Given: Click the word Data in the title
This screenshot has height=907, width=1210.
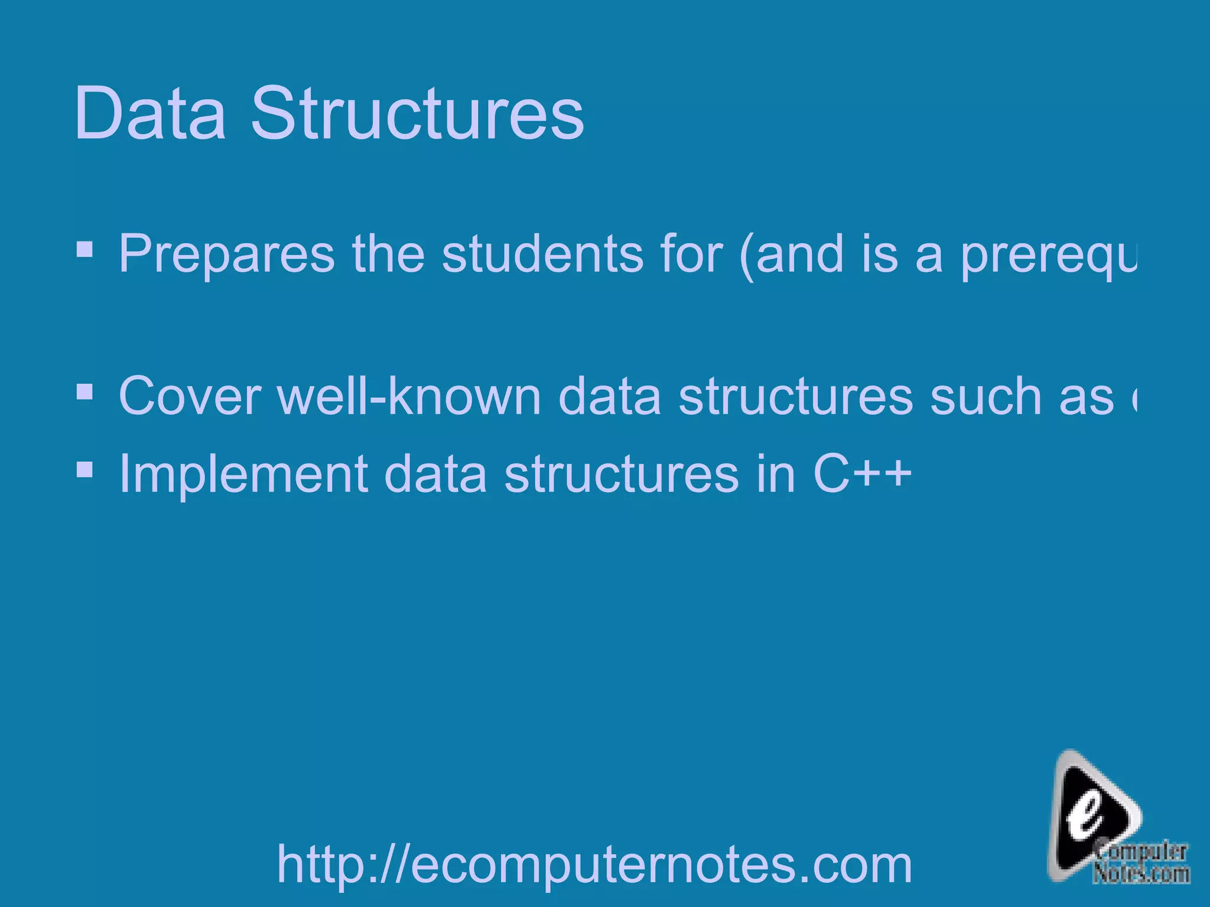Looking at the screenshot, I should coord(150,113).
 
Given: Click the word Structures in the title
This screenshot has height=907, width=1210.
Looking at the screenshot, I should coord(417,113).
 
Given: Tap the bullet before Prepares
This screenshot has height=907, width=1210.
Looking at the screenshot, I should coord(84,250).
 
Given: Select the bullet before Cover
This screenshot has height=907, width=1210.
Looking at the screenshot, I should coord(84,391).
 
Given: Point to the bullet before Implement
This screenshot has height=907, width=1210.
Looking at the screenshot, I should coord(84,469).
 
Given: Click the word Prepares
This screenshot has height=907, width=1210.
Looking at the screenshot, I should coord(226,255).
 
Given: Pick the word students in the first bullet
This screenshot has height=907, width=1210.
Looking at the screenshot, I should coord(543,255).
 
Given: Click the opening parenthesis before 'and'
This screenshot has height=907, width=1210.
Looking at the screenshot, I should coord(747,256).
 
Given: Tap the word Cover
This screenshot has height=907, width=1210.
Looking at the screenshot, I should coord(190,396).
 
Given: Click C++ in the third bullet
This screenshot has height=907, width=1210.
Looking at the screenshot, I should coord(862,474).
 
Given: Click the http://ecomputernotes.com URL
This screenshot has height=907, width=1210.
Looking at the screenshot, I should coord(594,864).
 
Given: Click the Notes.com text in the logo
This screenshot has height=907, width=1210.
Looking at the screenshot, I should coord(1141,873).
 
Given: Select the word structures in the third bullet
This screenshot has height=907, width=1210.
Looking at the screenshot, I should coord(621,474).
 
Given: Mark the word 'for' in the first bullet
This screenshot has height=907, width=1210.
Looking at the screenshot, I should coord(692,255).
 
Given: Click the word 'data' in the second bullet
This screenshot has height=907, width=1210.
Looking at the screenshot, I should coord(609,396).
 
